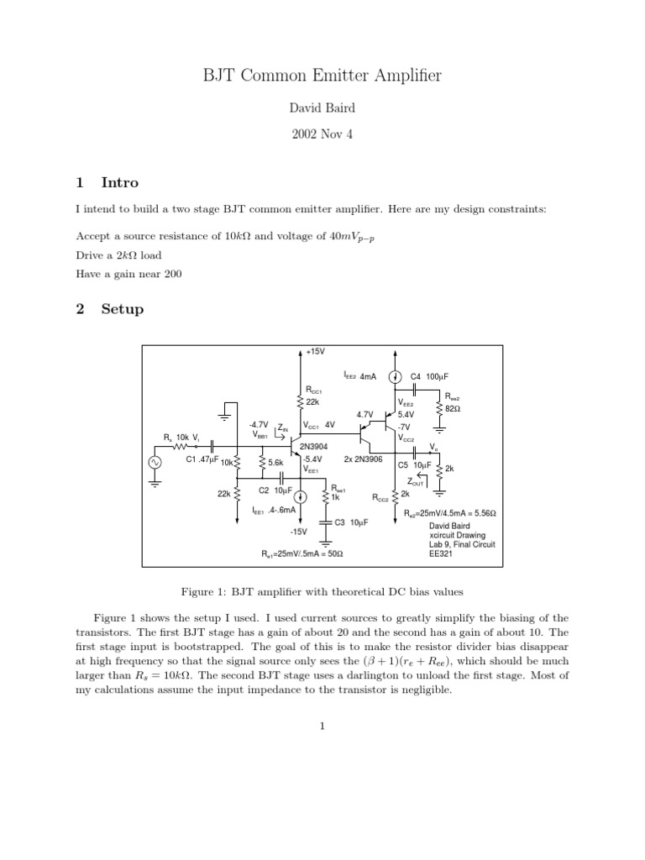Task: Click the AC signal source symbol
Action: pyautogui.click(x=155, y=462)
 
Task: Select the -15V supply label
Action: pyautogui.click(x=299, y=532)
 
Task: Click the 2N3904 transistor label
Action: pyautogui.click(x=314, y=447)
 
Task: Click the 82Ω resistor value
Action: pyautogui.click(x=454, y=407)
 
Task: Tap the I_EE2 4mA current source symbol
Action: pyautogui.click(x=396, y=378)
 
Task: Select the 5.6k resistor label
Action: pyautogui.click(x=275, y=463)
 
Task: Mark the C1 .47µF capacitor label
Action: pyautogui.click(x=202, y=459)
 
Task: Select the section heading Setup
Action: pyautogui.click(x=123, y=308)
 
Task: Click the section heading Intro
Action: pyautogui.click(x=120, y=182)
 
